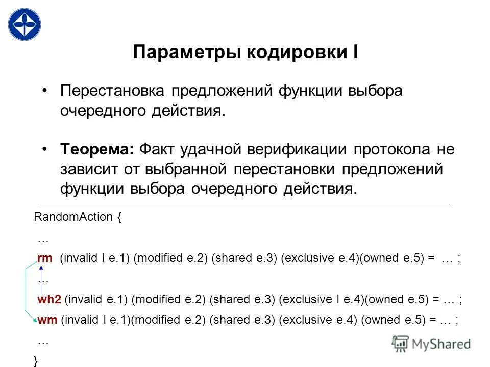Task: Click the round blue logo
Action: pos(24,24)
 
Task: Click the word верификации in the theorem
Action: pos(294,149)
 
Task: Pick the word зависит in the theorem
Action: pos(87,169)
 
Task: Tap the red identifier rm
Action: pos(45,258)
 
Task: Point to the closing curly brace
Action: pos(35,361)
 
